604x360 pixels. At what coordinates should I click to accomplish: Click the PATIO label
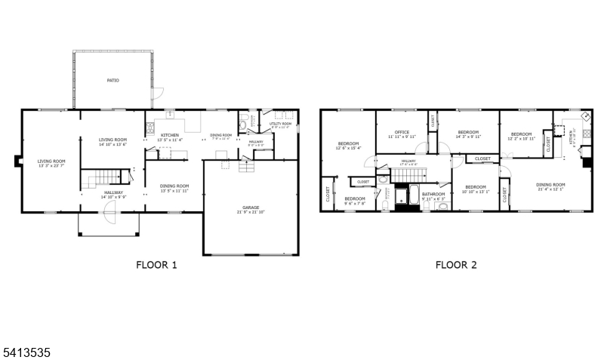click(112, 80)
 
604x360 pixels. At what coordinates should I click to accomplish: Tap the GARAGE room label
click(251, 207)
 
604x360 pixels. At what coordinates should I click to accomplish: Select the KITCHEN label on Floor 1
click(169, 135)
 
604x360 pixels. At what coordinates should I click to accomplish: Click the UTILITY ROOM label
click(280, 123)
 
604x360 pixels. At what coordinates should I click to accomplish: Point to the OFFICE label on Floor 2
click(402, 133)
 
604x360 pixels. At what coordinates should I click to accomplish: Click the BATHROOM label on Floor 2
click(433, 194)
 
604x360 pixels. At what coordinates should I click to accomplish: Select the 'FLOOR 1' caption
click(156, 265)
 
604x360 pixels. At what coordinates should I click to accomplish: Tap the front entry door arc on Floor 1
click(109, 220)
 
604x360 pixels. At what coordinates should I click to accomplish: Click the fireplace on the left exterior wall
click(17, 160)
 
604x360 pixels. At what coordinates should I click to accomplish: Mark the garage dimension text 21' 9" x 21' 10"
click(251, 212)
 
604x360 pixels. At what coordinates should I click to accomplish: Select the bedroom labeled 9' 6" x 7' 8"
click(355, 200)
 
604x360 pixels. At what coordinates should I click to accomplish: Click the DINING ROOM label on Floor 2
click(550, 184)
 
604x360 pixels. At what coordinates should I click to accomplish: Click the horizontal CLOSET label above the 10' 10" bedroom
click(482, 158)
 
